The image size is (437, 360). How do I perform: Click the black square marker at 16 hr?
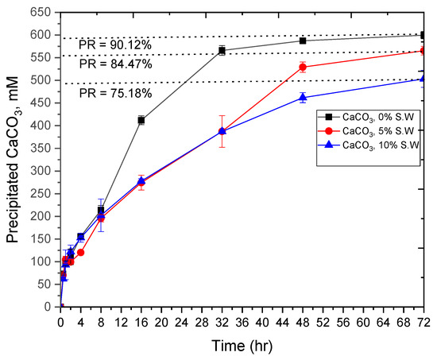point(141,120)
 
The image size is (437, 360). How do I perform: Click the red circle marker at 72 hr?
point(423,51)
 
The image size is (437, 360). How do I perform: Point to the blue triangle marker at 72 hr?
point(423,78)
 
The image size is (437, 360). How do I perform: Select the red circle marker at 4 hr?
point(81,252)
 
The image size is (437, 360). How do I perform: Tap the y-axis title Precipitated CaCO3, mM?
point(13,159)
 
